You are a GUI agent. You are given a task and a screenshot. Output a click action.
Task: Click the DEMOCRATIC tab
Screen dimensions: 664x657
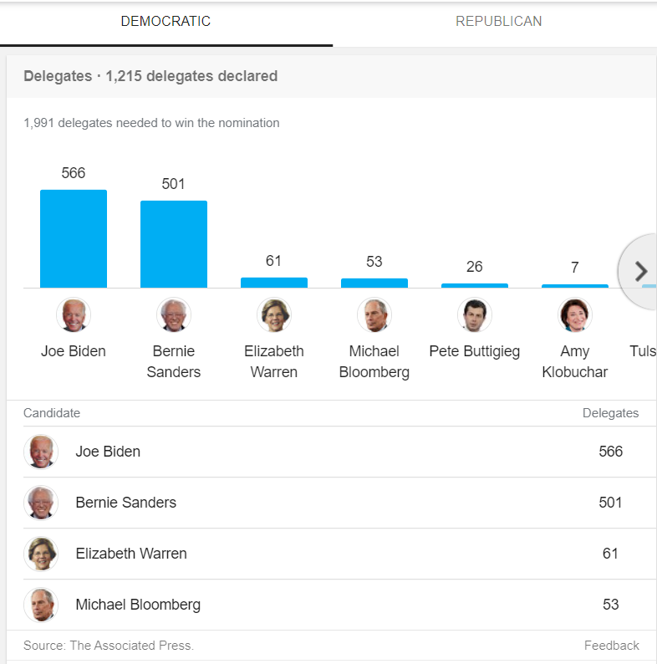tap(166, 22)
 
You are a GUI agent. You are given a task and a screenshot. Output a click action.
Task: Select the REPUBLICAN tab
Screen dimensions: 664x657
tap(498, 22)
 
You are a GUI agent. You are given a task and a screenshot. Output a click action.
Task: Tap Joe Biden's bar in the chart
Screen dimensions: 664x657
tap(74, 239)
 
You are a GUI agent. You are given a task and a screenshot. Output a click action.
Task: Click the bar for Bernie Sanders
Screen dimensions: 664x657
tap(174, 244)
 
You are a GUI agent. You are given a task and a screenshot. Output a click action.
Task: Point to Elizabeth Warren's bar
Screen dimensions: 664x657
tap(274, 283)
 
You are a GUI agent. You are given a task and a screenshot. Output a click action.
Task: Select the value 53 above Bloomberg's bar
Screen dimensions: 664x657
tap(374, 262)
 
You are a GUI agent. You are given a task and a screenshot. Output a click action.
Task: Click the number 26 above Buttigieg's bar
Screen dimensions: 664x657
tap(475, 267)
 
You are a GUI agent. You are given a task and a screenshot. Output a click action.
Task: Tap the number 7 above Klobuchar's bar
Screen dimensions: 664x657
tap(575, 268)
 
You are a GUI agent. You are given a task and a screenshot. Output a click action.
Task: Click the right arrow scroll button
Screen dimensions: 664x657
tap(641, 271)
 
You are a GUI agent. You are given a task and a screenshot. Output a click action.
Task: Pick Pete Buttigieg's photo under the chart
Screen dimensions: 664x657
tap(475, 315)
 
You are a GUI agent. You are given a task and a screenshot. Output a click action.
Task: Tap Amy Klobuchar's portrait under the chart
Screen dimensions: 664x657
tap(575, 315)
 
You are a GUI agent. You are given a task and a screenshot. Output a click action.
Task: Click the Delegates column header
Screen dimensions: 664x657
tap(610, 413)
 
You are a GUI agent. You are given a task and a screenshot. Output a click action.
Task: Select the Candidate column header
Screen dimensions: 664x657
tap(52, 413)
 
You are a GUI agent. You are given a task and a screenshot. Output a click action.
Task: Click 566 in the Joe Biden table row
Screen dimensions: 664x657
tap(610, 452)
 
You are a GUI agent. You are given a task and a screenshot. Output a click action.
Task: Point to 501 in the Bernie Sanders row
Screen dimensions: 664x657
tap(610, 503)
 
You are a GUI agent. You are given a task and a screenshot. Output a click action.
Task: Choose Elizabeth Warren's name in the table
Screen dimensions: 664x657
tap(131, 554)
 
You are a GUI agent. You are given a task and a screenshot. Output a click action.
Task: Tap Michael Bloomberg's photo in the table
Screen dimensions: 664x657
tap(41, 605)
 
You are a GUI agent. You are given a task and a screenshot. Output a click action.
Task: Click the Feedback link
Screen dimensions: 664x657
tap(611, 646)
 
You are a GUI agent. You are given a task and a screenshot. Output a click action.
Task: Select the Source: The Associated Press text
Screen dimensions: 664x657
tap(109, 646)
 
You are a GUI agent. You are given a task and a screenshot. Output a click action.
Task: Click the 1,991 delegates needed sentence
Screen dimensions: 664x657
tap(151, 123)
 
